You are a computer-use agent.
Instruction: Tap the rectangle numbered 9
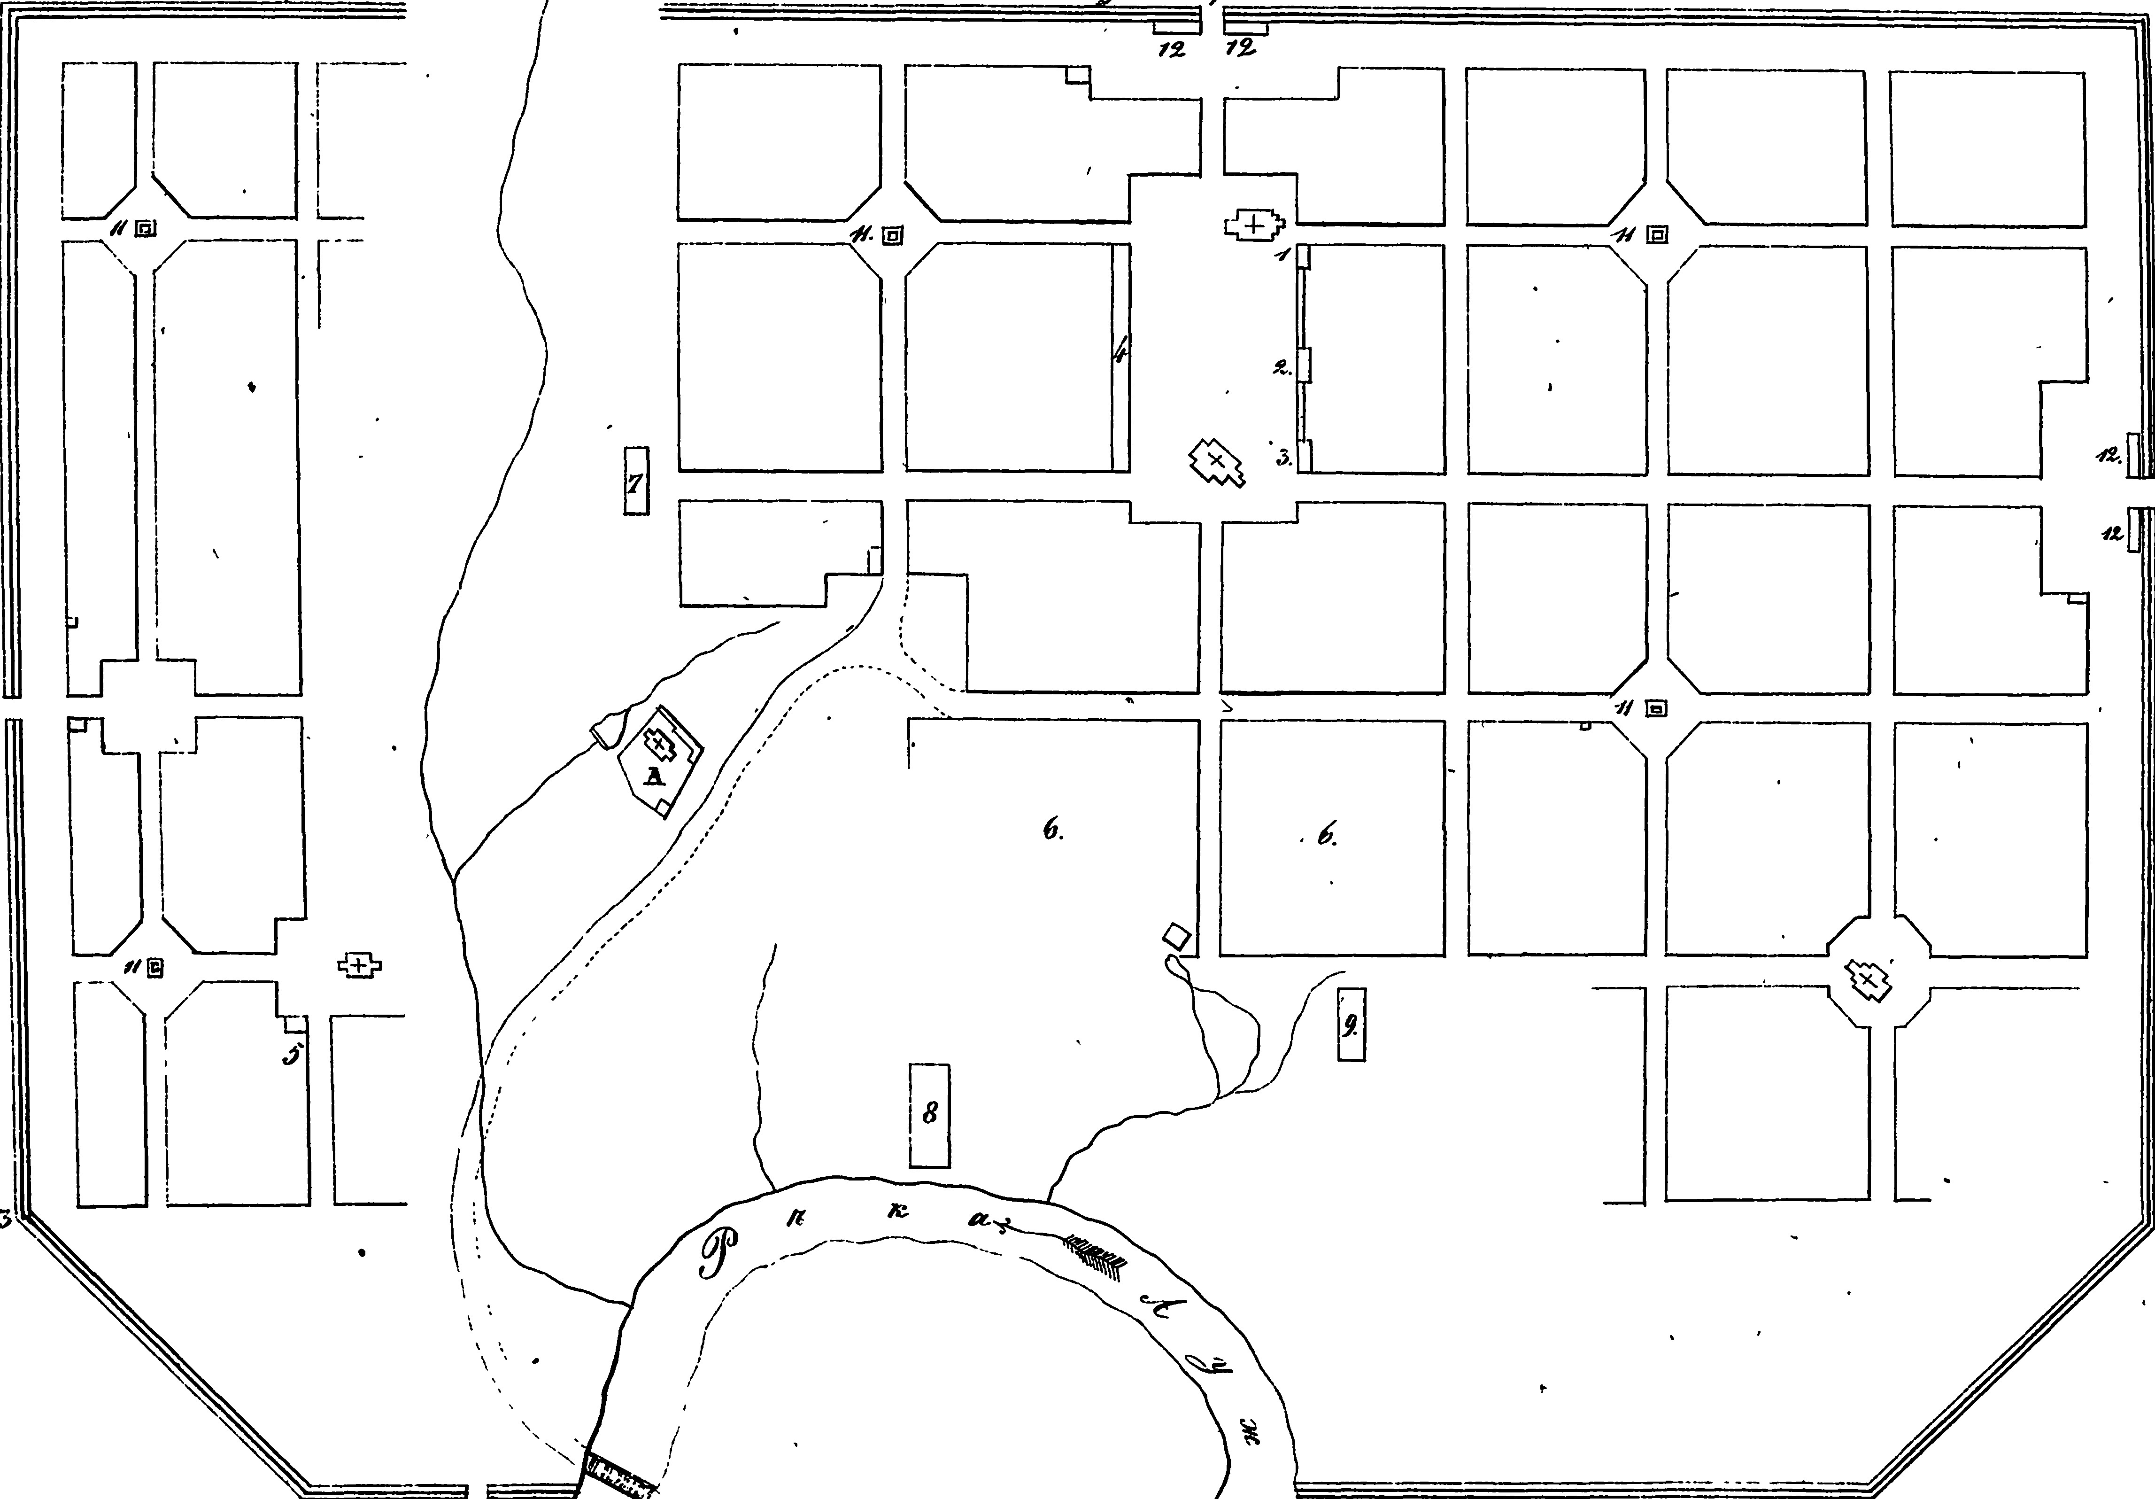point(1351,1025)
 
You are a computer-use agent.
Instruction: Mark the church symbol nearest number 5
point(359,964)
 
